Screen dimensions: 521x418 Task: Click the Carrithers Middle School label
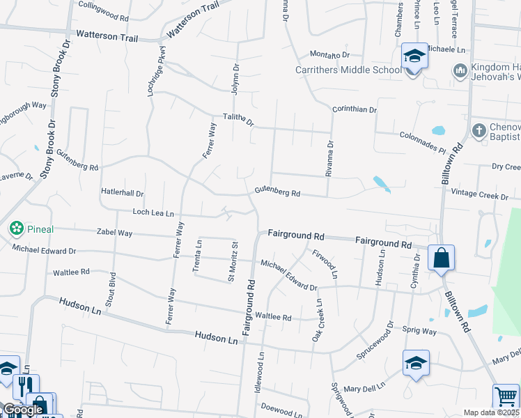point(348,70)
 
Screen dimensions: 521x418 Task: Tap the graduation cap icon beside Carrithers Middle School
point(414,56)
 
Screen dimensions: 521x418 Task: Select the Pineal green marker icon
point(15,229)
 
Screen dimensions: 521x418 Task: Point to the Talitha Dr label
point(239,120)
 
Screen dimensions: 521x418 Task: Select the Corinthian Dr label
point(354,109)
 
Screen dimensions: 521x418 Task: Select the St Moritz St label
point(234,261)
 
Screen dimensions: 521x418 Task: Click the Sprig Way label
point(419,332)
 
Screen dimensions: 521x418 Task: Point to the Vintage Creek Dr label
point(480,195)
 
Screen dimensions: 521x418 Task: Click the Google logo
point(23,410)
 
